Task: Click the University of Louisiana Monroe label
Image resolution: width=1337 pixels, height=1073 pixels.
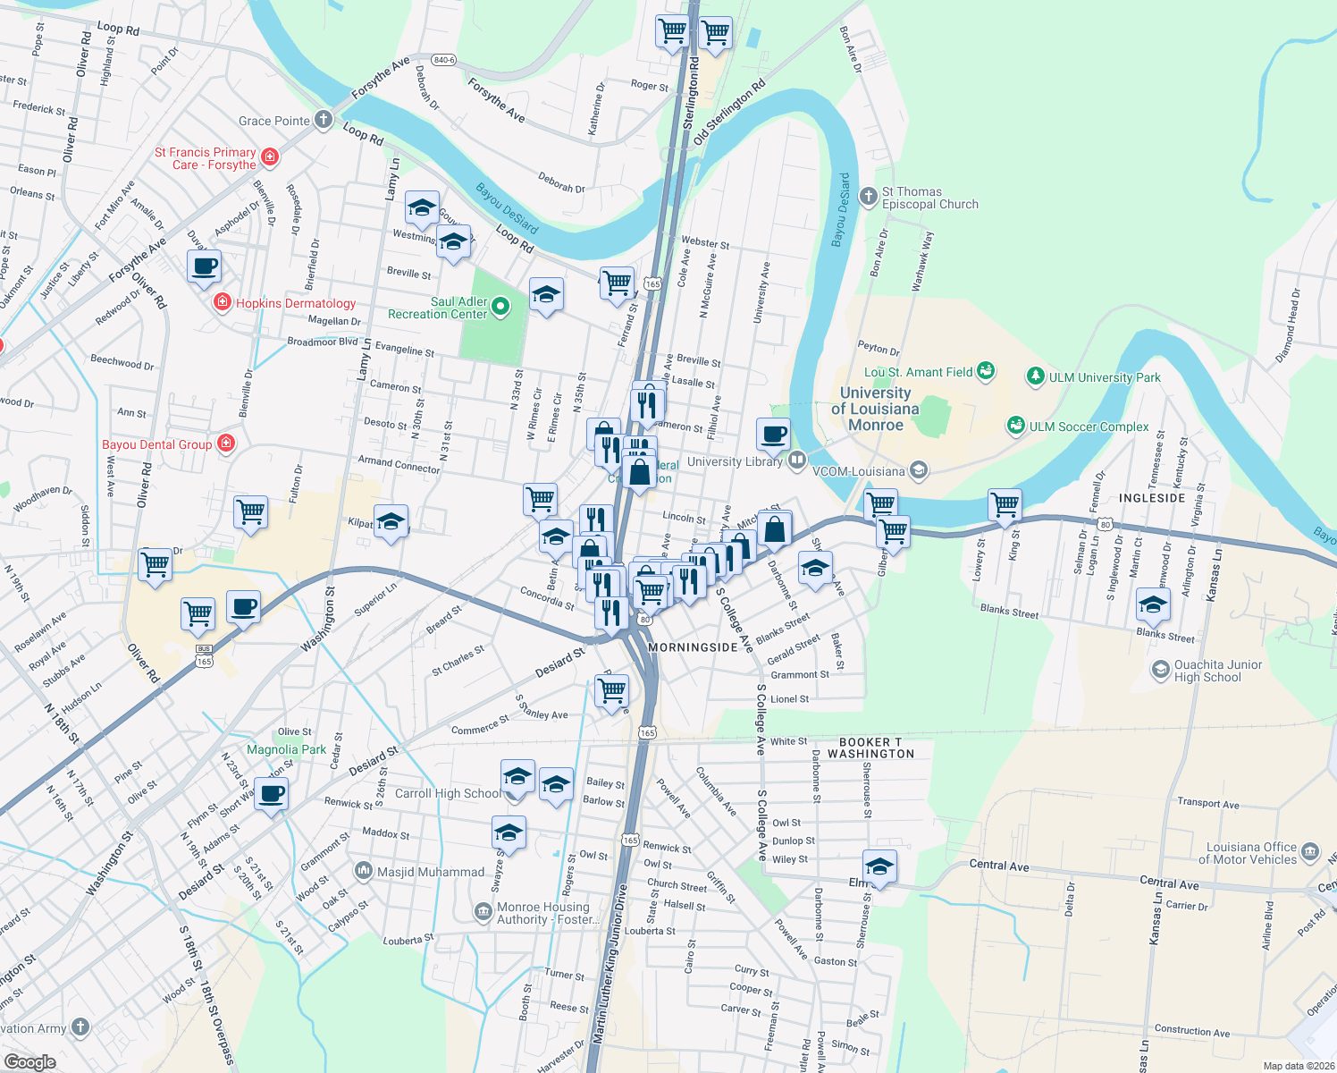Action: pos(875,409)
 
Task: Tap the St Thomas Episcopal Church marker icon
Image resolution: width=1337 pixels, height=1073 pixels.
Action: pos(868,196)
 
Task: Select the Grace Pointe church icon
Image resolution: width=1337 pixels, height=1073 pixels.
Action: pos(324,120)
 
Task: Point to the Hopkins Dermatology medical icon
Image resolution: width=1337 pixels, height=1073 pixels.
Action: pos(223,303)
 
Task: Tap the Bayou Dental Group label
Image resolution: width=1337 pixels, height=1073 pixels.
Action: pos(157,444)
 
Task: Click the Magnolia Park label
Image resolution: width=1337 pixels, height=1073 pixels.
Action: pos(286,749)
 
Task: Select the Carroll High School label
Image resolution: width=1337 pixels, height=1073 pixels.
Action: pos(448,793)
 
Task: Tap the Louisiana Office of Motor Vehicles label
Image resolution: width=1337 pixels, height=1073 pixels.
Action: pos(1251,853)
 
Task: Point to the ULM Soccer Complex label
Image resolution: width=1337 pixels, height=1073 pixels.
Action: pos(1089,427)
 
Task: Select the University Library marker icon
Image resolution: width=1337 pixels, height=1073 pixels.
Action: pos(796,460)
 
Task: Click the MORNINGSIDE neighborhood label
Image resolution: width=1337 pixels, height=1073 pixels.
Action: pos(693,646)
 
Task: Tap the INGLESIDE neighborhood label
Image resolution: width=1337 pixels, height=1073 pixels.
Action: pos(1152,498)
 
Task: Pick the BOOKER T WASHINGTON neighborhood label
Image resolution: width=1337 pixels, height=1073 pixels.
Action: pos(870,748)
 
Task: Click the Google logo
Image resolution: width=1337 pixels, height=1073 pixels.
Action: pos(29,1062)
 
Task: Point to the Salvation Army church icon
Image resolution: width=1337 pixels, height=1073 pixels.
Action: pos(80,1027)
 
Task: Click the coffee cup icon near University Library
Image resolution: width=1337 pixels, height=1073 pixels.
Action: pos(773,434)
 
